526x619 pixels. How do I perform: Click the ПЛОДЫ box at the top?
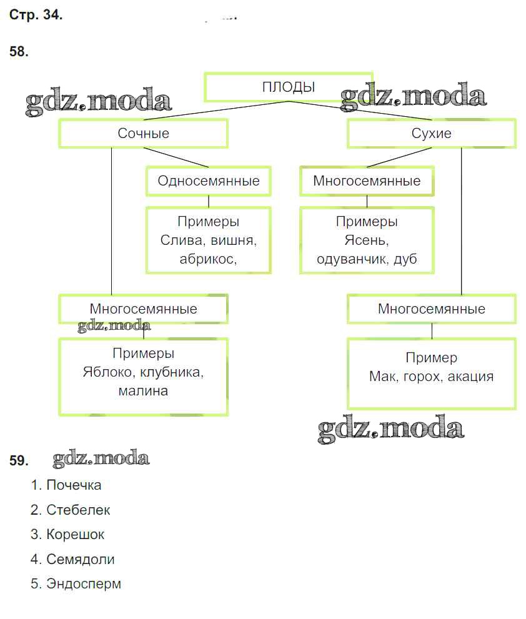(288, 87)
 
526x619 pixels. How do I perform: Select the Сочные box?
(143, 134)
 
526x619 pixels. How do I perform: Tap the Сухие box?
(431, 134)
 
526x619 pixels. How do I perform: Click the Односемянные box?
(208, 181)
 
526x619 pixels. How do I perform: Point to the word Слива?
(179, 240)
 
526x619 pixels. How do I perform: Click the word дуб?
(405, 260)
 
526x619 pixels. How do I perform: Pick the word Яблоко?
(107, 372)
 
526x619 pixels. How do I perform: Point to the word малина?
(143, 392)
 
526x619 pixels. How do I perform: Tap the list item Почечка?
(73, 485)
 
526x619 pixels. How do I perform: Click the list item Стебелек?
(77, 510)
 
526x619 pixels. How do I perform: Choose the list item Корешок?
(75, 535)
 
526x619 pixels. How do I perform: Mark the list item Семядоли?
(80, 560)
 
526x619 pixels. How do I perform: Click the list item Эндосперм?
(84, 584)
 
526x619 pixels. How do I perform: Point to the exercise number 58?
(19, 52)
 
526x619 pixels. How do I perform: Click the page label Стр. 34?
(36, 16)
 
